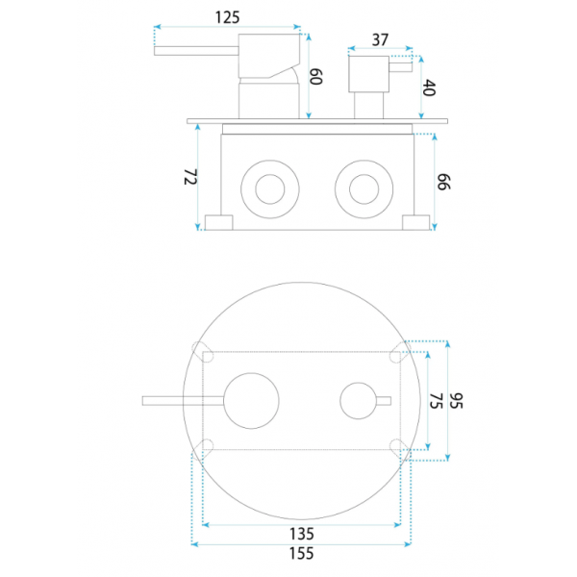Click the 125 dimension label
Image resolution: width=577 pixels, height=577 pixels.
227,17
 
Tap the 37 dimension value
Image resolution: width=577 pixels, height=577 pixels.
380,39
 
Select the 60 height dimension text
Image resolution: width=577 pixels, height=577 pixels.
316,77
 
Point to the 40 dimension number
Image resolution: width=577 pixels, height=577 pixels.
429,88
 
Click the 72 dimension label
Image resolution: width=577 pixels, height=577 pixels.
190,177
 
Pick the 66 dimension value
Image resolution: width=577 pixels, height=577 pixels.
443,182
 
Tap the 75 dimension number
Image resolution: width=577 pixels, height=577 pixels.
436,401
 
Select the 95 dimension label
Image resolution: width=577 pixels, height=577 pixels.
456,401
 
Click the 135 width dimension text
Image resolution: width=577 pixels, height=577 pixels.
302,534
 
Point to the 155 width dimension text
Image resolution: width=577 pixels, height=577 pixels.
302,554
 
